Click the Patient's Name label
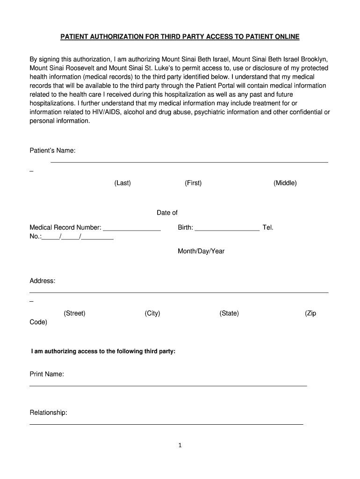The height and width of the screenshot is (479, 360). click(52, 151)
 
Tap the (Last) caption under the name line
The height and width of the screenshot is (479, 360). click(122, 183)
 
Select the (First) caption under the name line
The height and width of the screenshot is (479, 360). click(193, 183)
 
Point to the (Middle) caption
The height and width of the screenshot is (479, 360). click(285, 183)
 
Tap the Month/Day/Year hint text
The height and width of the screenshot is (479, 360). click(201, 251)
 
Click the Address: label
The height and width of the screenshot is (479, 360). click(43, 281)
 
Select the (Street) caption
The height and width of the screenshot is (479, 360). click(75, 313)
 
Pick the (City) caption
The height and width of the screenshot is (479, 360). click(152, 313)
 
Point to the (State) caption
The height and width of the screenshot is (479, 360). click(229, 313)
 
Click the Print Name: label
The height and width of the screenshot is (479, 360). click(47, 374)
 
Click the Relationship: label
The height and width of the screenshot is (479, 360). click(49, 413)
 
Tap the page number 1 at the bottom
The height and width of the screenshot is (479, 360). click(180, 445)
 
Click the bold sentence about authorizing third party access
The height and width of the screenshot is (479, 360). click(103, 351)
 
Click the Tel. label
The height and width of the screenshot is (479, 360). click(268, 227)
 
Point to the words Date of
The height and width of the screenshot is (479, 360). click(167, 213)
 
